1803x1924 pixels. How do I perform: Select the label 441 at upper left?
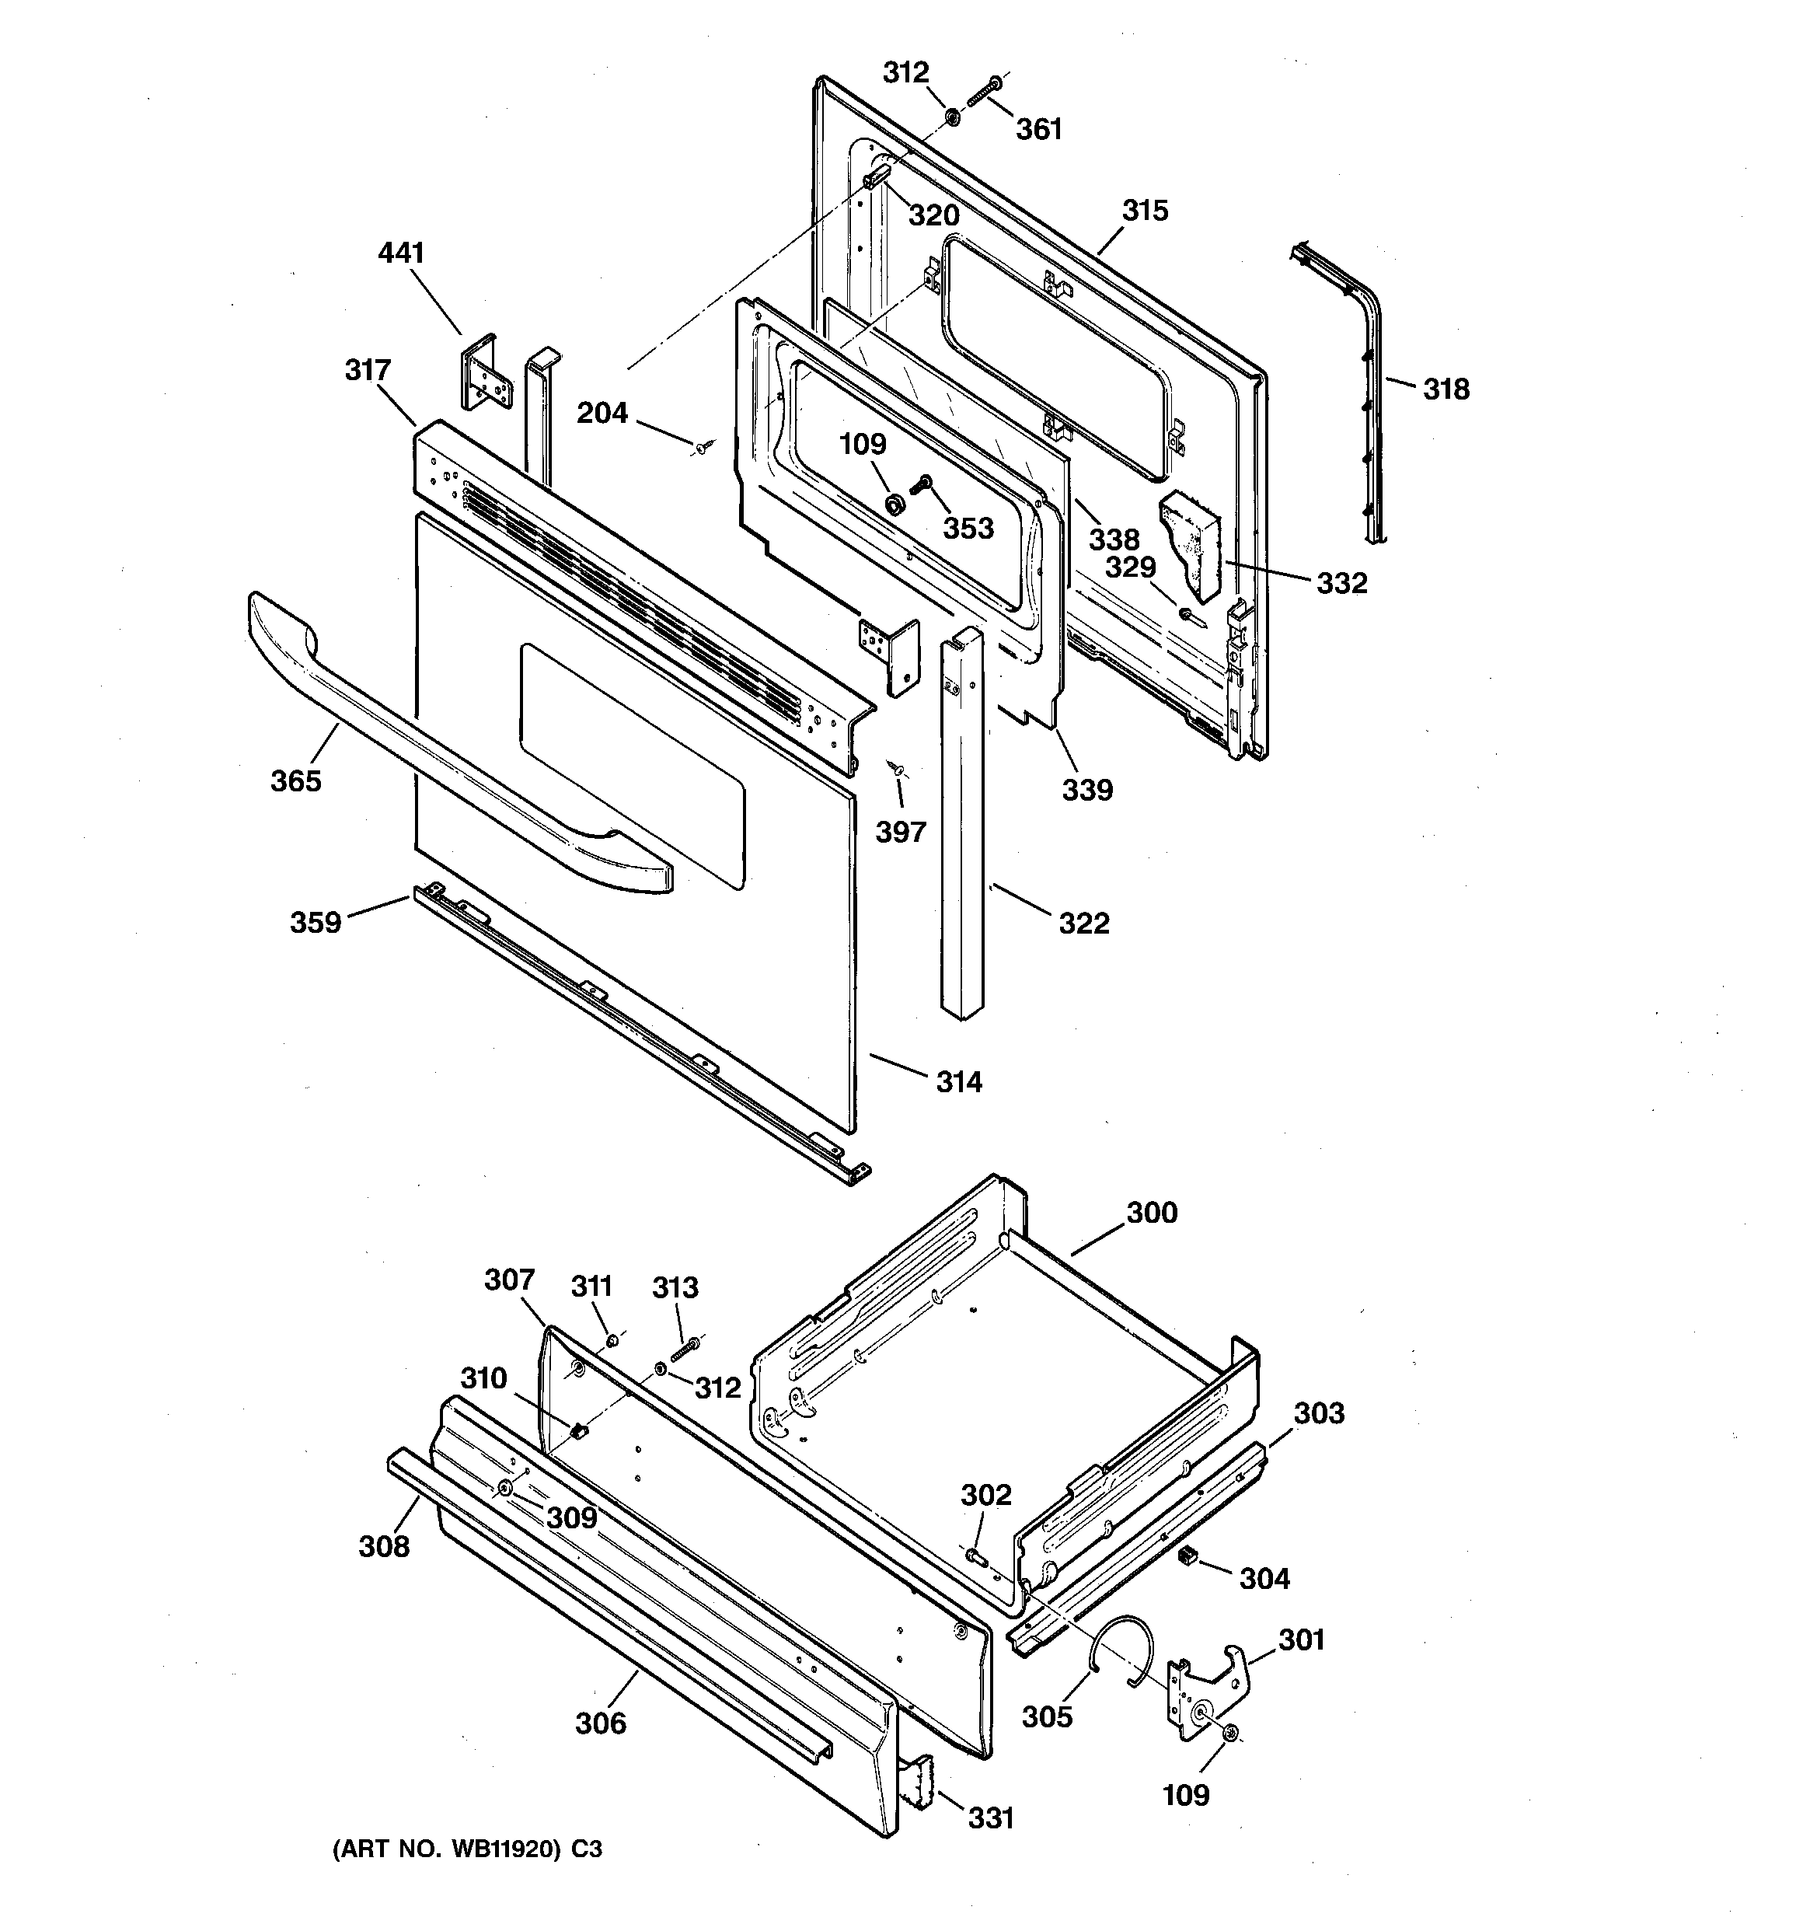(401, 253)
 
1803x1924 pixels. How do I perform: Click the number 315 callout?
(1145, 211)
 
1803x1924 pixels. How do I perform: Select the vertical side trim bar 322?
(963, 822)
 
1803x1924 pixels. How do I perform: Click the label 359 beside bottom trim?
(316, 922)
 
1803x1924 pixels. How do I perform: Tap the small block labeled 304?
(1187, 1556)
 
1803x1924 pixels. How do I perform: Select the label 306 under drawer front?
(600, 1723)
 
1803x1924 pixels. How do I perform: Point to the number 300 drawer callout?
(1152, 1213)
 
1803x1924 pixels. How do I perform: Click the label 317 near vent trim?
(368, 370)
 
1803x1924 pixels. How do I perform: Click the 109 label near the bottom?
(1185, 1794)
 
